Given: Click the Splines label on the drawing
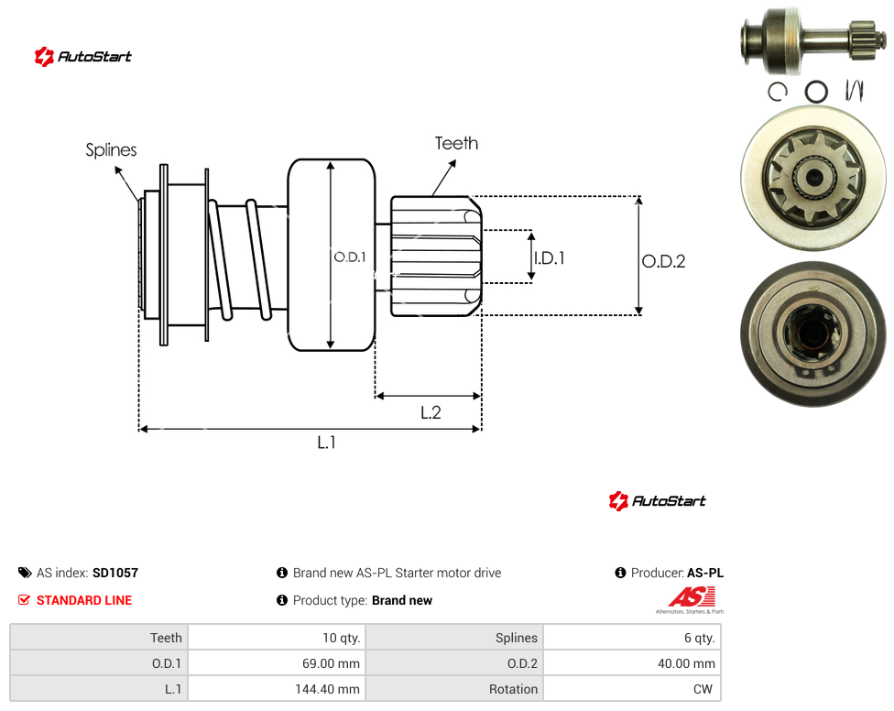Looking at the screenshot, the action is (111, 150).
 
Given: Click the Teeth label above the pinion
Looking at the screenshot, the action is (456, 143).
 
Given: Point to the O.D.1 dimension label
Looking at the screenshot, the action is (350, 257).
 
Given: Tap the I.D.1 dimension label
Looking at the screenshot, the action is (549, 258).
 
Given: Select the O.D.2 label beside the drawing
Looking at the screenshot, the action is (663, 261).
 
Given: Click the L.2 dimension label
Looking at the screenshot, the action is (431, 412).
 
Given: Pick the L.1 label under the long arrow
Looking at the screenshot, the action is (327, 442).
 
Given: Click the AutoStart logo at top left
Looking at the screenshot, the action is (83, 57).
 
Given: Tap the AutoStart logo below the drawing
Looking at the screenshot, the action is (658, 500).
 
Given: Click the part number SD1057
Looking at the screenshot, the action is (115, 573).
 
